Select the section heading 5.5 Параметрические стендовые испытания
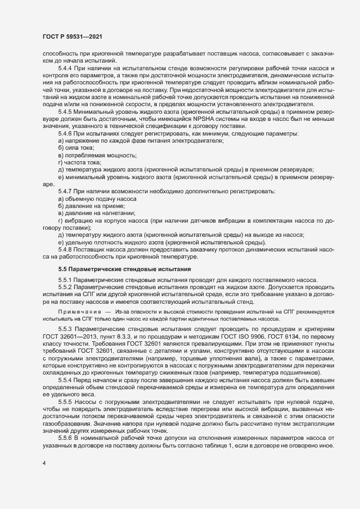click(124, 268)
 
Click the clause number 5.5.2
click(66, 286)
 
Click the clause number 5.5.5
click(66, 401)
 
